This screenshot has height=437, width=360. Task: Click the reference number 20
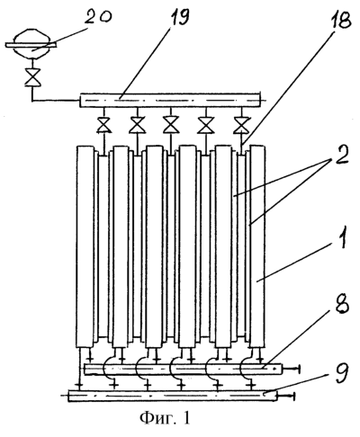[x=98, y=18]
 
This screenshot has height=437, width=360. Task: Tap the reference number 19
[x=180, y=16]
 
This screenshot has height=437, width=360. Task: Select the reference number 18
[x=339, y=19]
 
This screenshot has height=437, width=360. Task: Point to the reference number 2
[x=339, y=155]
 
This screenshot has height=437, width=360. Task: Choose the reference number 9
[x=341, y=374]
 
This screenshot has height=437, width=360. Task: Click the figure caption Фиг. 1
[x=165, y=417]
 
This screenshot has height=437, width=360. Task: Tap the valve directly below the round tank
[x=32, y=77]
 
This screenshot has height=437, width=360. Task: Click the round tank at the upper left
[x=31, y=44]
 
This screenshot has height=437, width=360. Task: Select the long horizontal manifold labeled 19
[x=169, y=100]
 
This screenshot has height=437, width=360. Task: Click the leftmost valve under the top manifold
[x=103, y=126]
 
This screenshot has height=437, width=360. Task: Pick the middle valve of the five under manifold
[x=170, y=126]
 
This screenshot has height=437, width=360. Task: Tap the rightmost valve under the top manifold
[x=241, y=126]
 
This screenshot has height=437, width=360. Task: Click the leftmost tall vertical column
[x=85, y=246]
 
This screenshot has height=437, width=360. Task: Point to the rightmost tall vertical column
[x=257, y=246]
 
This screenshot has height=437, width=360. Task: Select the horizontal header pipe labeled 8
[x=184, y=369]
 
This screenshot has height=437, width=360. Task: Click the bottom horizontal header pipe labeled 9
[x=173, y=396]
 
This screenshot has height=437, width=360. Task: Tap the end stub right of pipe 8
[x=291, y=370]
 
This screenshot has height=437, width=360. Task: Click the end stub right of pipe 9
[x=285, y=397]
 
